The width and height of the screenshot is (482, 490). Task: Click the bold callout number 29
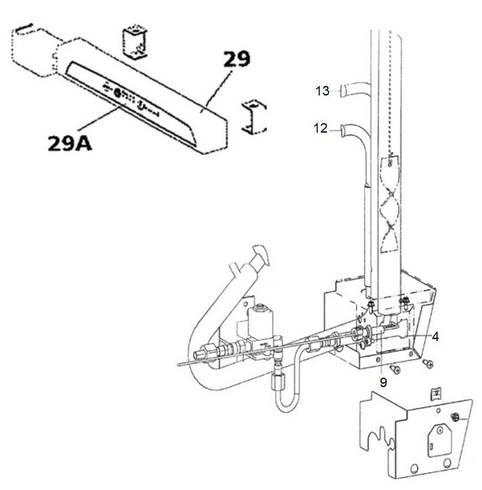(x=237, y=59)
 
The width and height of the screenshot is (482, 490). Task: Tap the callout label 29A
(x=69, y=144)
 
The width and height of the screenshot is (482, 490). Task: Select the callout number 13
(x=322, y=91)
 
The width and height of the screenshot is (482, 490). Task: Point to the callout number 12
(x=321, y=128)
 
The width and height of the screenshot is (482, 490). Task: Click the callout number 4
(x=435, y=336)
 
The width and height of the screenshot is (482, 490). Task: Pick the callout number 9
(x=383, y=382)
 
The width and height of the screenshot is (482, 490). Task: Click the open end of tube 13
(x=344, y=91)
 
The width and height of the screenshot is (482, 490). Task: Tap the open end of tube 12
(x=342, y=130)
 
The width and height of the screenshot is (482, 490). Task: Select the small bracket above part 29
(x=135, y=41)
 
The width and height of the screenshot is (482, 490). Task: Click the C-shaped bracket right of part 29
(x=254, y=117)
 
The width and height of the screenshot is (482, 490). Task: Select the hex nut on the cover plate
(x=455, y=416)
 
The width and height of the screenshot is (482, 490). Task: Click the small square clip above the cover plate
(x=436, y=394)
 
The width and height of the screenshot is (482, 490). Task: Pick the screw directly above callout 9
(x=395, y=369)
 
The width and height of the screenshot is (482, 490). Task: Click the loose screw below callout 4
(x=428, y=363)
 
